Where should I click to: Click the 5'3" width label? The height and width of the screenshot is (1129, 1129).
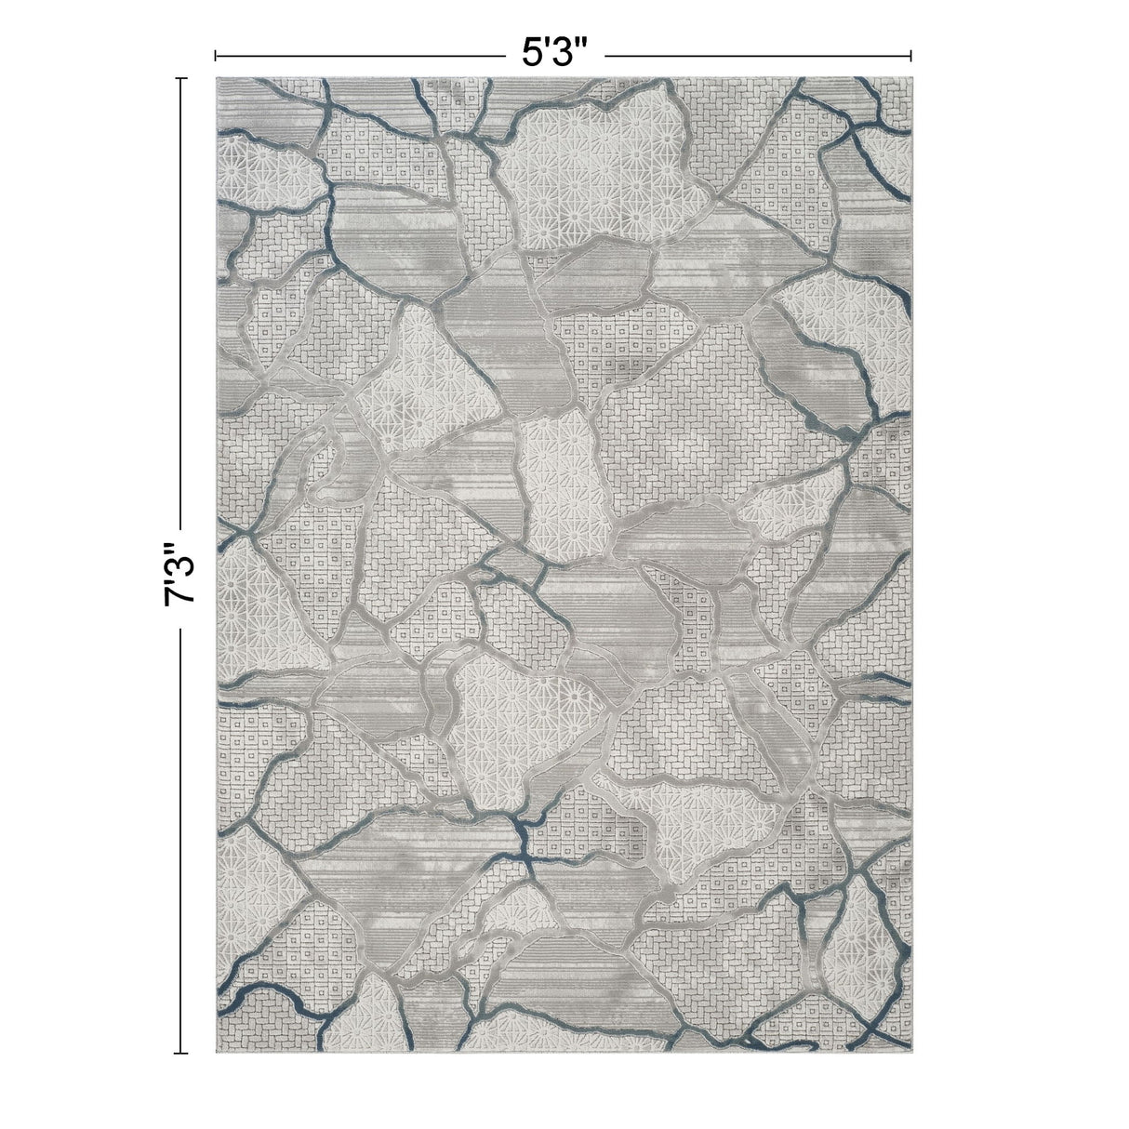point(556,54)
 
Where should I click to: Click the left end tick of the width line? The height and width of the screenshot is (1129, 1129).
point(216,55)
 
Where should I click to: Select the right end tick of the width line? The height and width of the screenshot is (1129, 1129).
point(910,55)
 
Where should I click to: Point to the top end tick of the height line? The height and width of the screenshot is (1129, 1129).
point(181,79)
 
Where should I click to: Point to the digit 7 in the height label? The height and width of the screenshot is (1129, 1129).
point(179,595)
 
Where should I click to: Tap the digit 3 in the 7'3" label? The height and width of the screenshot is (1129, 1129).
point(179,562)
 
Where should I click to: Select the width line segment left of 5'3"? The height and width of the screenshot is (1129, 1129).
point(363,55)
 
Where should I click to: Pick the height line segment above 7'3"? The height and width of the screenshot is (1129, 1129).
point(181,307)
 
